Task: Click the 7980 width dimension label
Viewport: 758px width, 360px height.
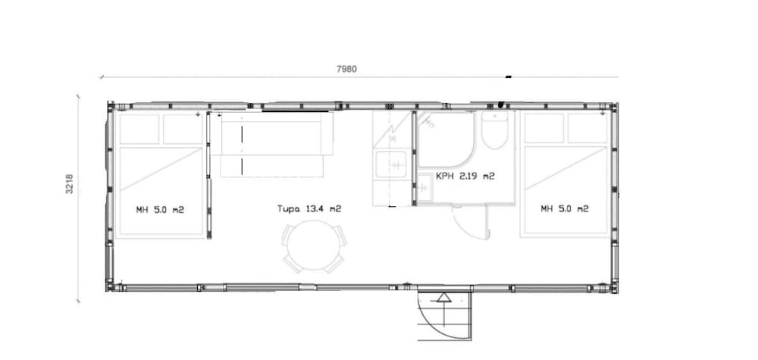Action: pos(346,69)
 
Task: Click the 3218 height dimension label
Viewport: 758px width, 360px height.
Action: pos(70,184)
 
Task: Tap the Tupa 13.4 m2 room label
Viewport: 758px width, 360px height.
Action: pos(309,208)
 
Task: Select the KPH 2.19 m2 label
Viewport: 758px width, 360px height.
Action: pos(465,177)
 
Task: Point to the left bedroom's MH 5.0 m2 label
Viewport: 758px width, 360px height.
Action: pos(160,210)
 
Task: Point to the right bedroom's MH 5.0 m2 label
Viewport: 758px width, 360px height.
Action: pos(565,208)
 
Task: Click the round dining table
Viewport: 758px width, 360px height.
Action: pos(315,245)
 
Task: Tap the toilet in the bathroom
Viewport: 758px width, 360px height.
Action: pos(494,130)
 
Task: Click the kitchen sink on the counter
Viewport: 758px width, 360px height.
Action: pos(392,164)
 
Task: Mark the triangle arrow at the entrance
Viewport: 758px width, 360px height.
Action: pos(443,297)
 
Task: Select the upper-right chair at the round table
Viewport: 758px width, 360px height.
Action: pos(340,236)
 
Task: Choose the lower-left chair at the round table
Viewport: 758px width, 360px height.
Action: pos(293,263)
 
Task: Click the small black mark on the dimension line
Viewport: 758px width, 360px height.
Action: pos(509,77)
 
